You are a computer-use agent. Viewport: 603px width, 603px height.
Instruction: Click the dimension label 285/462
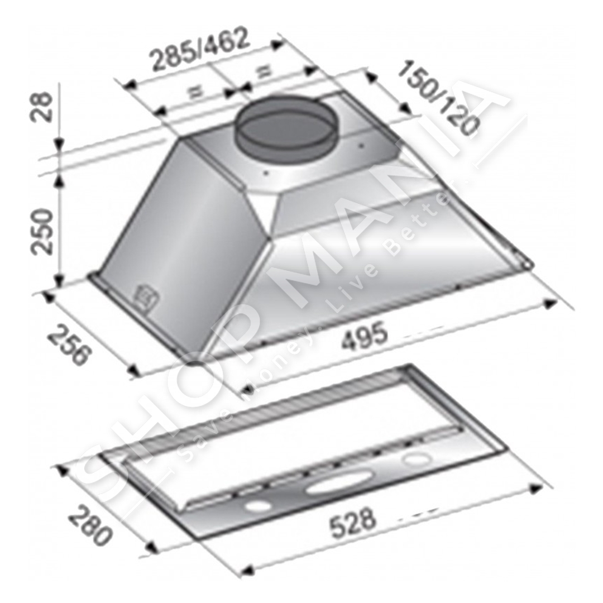[200, 49]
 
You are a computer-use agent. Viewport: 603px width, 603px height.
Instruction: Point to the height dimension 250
[42, 232]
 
